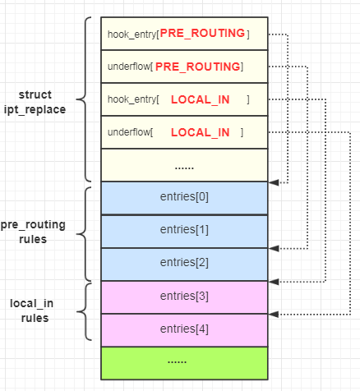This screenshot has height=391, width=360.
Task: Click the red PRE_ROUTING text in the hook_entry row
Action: pos(202,34)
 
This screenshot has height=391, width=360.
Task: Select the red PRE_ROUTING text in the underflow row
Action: pos(198,66)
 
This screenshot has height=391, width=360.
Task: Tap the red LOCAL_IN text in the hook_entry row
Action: pos(201,99)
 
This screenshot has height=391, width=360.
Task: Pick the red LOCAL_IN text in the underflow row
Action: pos(201,132)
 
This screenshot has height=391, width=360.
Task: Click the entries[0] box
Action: pos(184,197)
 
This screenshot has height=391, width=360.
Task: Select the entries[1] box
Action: pos(184,230)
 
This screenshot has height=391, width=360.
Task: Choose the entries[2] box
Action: pos(184,263)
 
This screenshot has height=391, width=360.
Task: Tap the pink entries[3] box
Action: pos(184,296)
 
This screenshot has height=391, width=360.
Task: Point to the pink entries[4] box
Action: pos(184,329)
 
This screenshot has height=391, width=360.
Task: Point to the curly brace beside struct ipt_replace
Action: pos(89,99)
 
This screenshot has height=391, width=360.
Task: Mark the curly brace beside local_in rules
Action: pos(89,311)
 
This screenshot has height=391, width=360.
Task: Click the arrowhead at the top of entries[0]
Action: pos(274,182)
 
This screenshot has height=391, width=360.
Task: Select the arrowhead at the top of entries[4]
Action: pos(274,314)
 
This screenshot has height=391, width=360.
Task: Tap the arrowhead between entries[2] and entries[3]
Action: pos(274,281)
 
